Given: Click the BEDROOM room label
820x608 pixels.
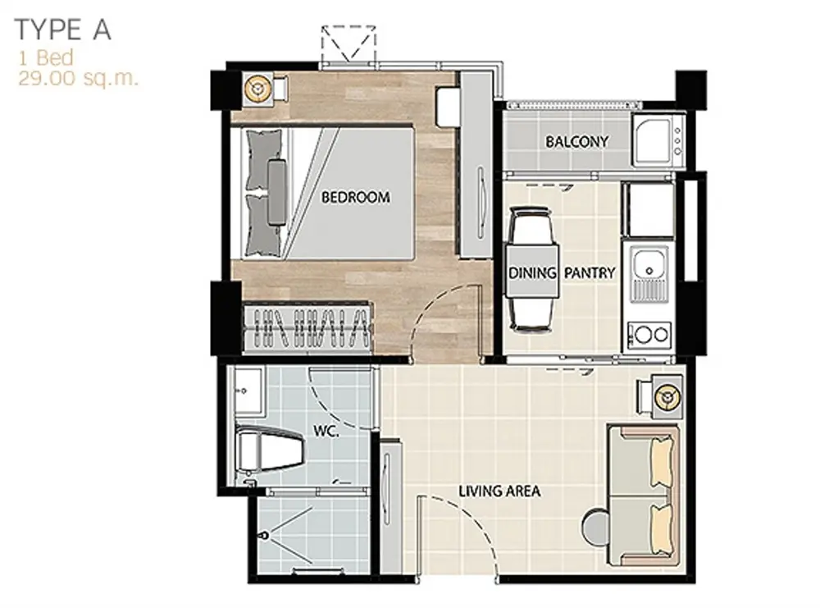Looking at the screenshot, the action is (356, 197).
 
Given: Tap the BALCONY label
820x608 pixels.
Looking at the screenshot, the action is (576, 141).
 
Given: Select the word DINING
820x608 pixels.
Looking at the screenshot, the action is (532, 272).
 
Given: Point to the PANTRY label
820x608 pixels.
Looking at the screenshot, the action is (590, 272).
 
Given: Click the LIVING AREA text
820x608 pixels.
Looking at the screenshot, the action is (499, 491).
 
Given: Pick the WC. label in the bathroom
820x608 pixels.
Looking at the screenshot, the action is (326, 431).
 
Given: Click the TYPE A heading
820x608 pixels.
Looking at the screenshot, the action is (63, 30).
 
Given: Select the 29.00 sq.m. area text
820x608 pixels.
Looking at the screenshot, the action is (79, 79).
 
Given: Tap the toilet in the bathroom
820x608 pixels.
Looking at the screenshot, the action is (269, 450).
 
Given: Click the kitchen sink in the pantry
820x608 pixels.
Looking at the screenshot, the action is (649, 274).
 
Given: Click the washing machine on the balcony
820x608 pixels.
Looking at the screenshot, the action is (658, 140).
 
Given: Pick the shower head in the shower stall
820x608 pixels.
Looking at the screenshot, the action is (266, 536).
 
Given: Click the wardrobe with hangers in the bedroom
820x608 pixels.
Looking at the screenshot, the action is (307, 328).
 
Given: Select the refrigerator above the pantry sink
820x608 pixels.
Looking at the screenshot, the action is (649, 210).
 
